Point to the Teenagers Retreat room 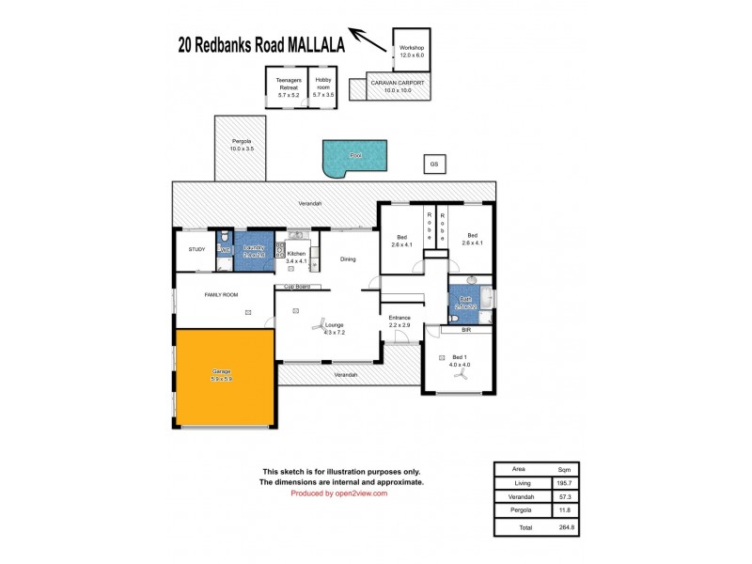tap(288, 87)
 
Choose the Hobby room tap(322, 87)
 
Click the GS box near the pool tap(434, 164)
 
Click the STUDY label tap(196, 249)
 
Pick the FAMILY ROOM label tap(222, 294)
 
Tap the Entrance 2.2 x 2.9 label tap(400, 321)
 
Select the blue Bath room tap(464, 302)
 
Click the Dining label tap(348, 258)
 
